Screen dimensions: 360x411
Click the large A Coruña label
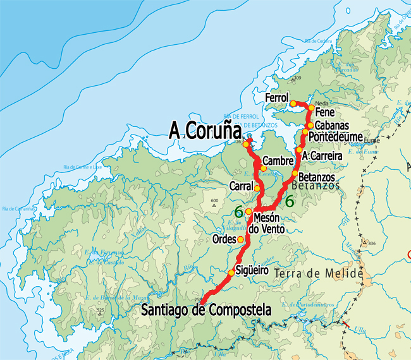[205, 130]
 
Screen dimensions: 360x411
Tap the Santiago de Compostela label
[206, 310]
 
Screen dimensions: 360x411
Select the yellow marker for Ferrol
[293, 103]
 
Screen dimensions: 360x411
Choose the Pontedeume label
[336, 136]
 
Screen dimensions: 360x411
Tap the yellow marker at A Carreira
[299, 150]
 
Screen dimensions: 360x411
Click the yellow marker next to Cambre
[263, 168]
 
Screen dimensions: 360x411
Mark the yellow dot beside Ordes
[240, 239]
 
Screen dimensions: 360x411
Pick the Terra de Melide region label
[319, 274]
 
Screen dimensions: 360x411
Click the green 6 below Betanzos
[290, 202]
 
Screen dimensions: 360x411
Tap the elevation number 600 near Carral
[214, 201]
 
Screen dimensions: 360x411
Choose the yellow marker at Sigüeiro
[231, 273]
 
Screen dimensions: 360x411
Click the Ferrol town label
[277, 99]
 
